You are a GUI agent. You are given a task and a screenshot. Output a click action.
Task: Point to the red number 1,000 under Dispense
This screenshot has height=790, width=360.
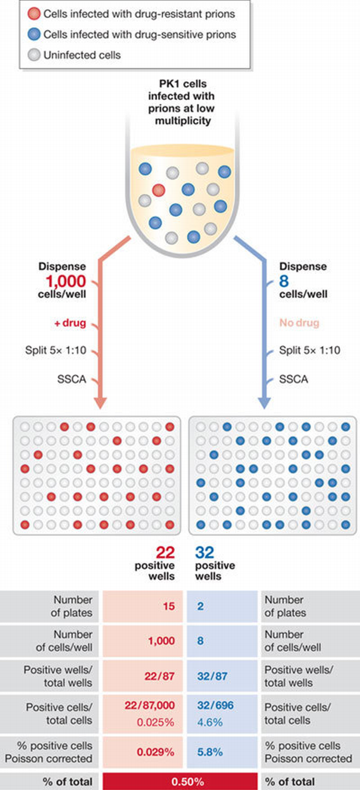(66, 281)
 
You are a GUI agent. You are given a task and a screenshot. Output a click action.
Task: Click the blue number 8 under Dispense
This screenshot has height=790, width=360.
(284, 281)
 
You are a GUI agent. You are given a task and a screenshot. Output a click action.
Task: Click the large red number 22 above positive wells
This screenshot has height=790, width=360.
(164, 552)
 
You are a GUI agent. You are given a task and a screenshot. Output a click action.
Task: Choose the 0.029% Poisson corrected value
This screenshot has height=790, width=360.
(156, 752)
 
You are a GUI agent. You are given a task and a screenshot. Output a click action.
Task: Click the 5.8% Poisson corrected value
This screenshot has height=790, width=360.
(206, 752)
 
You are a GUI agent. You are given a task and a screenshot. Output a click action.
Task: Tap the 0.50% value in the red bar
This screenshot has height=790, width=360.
(180, 781)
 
